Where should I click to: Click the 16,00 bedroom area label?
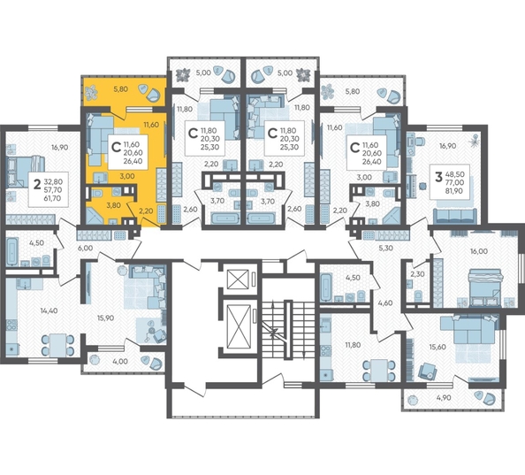pyautogui.click(x=478, y=250)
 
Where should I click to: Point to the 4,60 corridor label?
pyautogui.click(x=386, y=303)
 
